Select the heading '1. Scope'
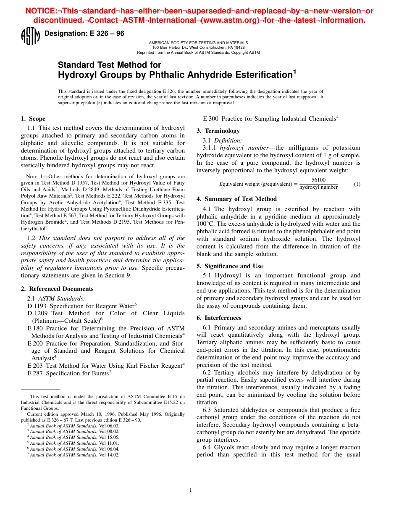tap(33, 119)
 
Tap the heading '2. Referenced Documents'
tap(57, 289)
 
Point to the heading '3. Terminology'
tap(218, 131)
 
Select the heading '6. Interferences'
tap(219, 318)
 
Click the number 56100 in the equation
tap(318, 180)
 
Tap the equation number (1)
tap(357, 184)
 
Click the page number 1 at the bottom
tap(191, 490)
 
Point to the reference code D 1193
tap(37, 306)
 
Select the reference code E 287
tap(35, 373)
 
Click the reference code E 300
tap(211, 119)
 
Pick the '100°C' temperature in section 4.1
tap(206, 224)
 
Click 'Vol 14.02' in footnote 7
tap(110, 455)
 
